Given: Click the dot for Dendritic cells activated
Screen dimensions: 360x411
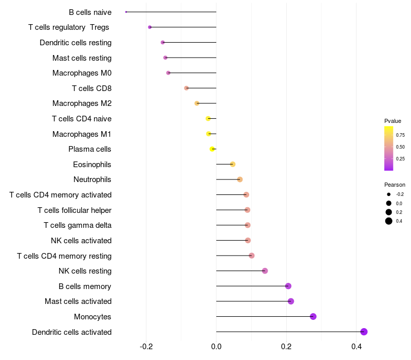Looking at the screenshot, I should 364,332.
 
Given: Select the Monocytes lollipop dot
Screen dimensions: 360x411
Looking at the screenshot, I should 313,316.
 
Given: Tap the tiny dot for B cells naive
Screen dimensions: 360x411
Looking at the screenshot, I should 126,12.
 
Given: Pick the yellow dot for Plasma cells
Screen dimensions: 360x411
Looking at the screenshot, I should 212,149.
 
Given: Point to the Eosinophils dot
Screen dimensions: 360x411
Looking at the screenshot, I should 233,164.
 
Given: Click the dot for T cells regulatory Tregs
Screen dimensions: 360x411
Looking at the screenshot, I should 150,27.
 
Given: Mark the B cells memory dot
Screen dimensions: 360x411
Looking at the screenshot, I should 288,286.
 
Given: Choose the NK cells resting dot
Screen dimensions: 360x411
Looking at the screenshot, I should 265,271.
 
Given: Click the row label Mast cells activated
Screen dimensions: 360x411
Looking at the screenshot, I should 78,301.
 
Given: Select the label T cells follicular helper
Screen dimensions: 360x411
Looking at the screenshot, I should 74,210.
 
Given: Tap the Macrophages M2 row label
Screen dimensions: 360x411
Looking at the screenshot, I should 82,103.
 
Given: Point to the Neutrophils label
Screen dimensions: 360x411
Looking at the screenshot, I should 92,179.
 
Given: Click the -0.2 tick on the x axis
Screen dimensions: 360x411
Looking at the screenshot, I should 146,346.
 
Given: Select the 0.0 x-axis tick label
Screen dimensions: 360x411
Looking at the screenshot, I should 216,346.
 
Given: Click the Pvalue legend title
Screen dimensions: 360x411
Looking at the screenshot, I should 393,121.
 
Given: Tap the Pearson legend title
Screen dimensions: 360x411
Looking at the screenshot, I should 395,185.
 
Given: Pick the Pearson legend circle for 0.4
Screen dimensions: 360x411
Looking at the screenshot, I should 389,221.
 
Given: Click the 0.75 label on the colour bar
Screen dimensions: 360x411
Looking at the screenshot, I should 400,135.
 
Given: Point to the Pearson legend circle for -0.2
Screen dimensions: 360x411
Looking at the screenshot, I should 389,194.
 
